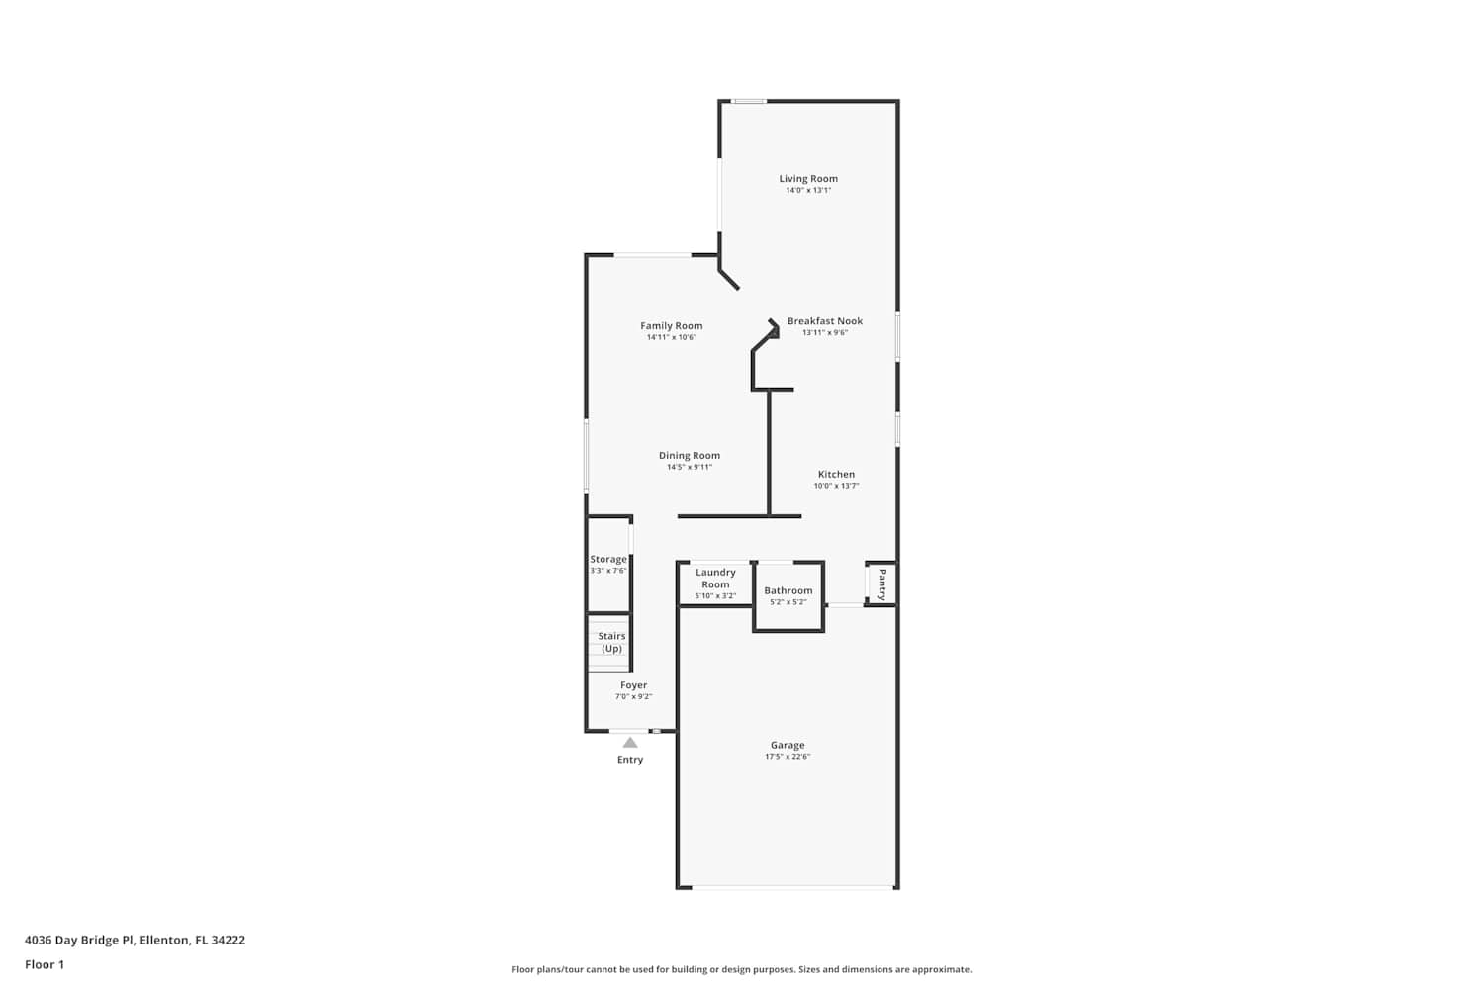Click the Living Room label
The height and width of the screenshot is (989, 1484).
(808, 179)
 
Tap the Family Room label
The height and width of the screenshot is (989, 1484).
(671, 326)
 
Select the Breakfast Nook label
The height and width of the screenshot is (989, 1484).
(825, 321)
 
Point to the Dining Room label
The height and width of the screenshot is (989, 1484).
(689, 456)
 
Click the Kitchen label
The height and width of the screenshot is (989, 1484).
(836, 475)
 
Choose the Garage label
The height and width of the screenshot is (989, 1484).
(788, 746)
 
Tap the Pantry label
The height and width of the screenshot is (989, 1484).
(882, 584)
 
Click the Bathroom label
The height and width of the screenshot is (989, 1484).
(788, 590)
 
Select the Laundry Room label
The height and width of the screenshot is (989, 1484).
(715, 579)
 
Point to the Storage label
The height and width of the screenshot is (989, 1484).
(608, 559)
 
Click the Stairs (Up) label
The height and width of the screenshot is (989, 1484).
(611, 642)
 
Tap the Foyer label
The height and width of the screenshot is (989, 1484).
(633, 685)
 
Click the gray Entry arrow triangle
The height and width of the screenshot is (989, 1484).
(630, 743)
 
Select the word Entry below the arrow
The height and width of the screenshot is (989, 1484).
(630, 760)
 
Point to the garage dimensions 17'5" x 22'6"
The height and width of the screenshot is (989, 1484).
(788, 757)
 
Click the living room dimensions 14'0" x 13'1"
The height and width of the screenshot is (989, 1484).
(808, 190)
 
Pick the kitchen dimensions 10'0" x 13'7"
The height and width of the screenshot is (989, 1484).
(836, 486)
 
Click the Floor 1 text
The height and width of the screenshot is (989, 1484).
(45, 964)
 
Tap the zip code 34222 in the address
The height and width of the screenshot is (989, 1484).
(228, 940)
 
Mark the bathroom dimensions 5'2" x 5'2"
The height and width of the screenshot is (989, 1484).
(788, 602)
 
